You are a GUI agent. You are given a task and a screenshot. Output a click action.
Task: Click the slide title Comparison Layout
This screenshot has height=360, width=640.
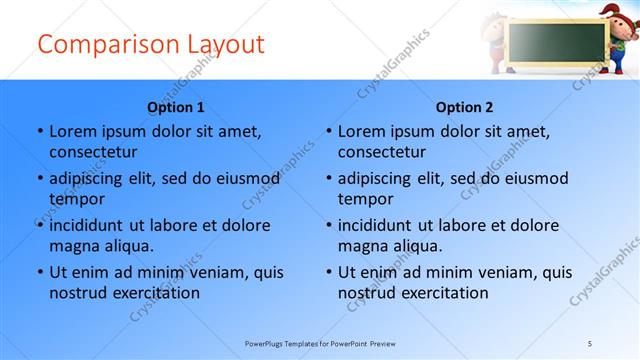(150, 45)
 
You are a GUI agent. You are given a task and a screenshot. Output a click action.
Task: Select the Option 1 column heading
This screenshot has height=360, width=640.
(176, 107)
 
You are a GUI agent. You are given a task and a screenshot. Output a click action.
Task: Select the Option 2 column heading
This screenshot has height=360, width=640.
(465, 107)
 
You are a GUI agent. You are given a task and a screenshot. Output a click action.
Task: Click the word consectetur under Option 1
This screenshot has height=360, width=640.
(93, 152)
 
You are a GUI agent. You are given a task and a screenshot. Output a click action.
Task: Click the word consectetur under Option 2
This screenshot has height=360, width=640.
(382, 152)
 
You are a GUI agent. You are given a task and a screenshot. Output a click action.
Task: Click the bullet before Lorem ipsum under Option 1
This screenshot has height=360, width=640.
(39, 131)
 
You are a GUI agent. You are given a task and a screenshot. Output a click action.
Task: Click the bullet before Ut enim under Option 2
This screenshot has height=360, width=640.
(328, 272)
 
